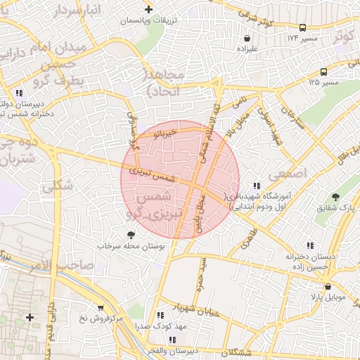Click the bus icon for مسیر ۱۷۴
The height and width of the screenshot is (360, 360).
click(302, 27)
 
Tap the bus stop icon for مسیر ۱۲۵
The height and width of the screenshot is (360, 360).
click(323, 72)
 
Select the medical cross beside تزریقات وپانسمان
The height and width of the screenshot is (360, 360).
click(148, 9)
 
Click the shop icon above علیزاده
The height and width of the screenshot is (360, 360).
click(247, 38)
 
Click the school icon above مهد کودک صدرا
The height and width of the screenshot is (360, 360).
click(161, 316)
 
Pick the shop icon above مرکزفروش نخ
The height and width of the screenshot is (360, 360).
click(101, 307)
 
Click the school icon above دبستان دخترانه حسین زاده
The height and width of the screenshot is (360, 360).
click(289, 247)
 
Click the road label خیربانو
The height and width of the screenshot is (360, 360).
click(167, 132)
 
